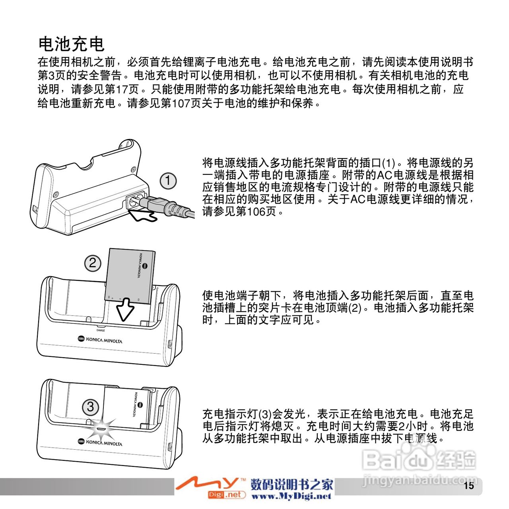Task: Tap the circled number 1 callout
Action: pyautogui.click(x=168, y=181)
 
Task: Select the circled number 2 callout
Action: pyautogui.click(x=92, y=263)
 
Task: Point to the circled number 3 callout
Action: pyautogui.click(x=90, y=407)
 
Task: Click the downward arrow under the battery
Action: pyautogui.click(x=125, y=309)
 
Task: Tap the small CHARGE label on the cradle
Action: pyautogui.click(x=101, y=331)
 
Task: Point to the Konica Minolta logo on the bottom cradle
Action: pyautogui.click(x=100, y=442)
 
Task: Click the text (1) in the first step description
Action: pyautogui.click(x=389, y=163)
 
